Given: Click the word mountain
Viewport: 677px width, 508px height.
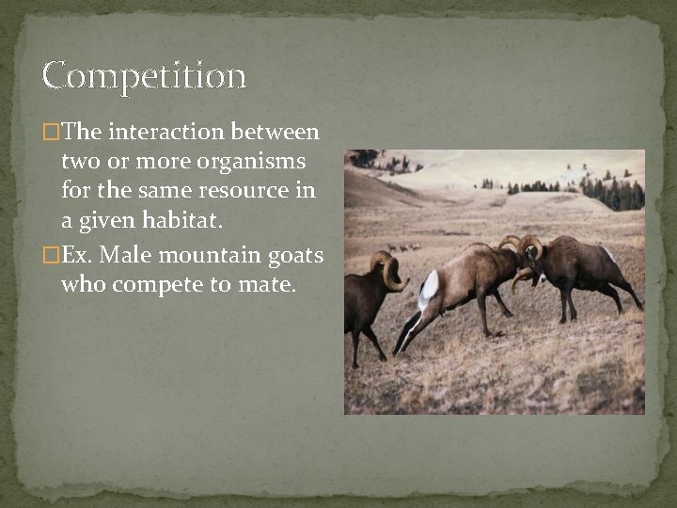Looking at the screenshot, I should (x=200, y=255).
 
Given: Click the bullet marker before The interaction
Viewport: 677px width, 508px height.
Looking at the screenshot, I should (x=50, y=133).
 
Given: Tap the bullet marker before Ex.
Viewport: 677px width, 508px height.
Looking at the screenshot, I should (x=50, y=256).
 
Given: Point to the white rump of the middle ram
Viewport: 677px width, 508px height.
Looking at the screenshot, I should (x=430, y=285).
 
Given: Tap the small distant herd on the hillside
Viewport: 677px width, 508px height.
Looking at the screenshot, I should (x=403, y=247).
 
